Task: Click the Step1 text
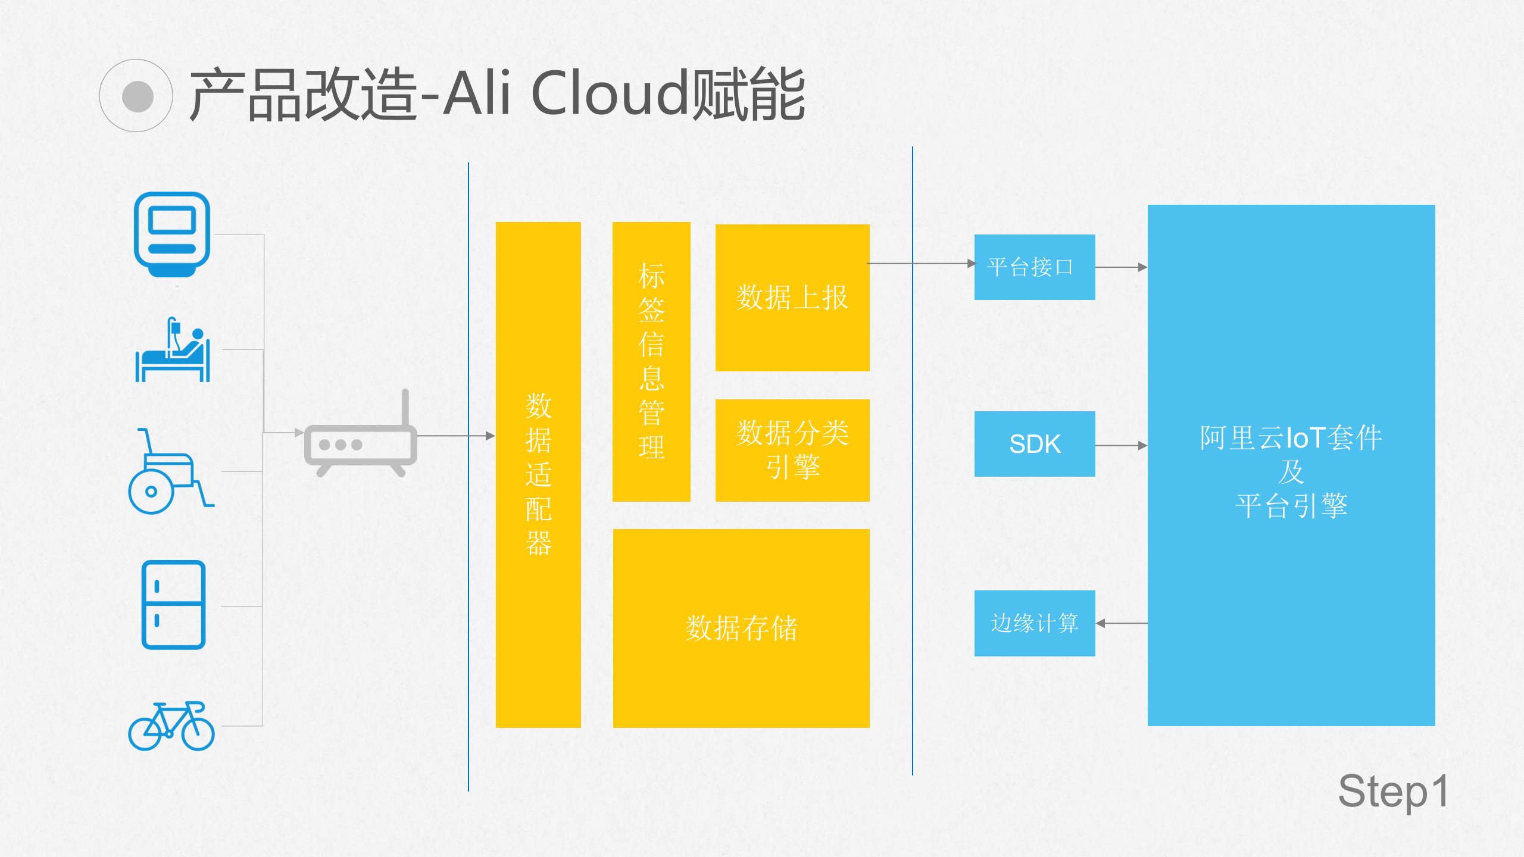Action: [x=1393, y=792]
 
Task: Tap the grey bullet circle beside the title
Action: [x=137, y=96]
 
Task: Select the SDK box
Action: [x=1035, y=444]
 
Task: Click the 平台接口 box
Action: [x=1035, y=267]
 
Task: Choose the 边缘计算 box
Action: [x=1035, y=623]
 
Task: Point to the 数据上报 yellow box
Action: [x=792, y=298]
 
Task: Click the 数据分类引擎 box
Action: [x=792, y=450]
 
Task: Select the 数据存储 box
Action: [x=741, y=628]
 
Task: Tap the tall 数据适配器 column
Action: [x=538, y=474]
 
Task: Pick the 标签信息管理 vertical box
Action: [x=651, y=361]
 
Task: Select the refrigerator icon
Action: [x=173, y=605]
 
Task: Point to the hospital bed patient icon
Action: [x=173, y=351]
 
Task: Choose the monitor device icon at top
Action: [x=172, y=234]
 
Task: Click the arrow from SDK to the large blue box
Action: [x=1120, y=445]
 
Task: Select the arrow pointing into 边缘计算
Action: [x=1120, y=623]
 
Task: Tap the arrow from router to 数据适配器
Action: [x=455, y=436]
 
